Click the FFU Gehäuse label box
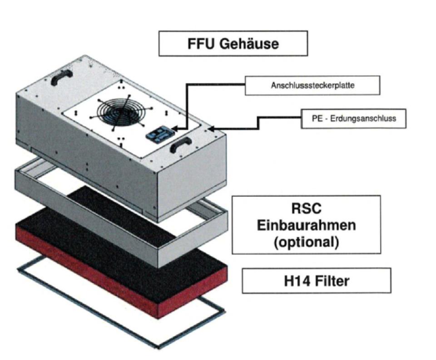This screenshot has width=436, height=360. [233, 44]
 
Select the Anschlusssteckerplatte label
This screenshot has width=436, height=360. [312, 85]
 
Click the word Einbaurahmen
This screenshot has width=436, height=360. [306, 225]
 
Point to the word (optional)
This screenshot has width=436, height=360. [306, 242]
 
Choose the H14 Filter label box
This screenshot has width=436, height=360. [316, 280]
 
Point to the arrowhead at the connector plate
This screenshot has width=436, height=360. [175, 131]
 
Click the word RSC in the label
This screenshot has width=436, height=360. [306, 209]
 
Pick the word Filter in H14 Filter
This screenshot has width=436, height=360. [332, 280]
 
